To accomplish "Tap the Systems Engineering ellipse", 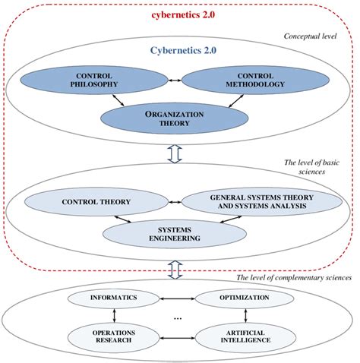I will coord(175,232).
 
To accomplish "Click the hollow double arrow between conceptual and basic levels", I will coord(174,153).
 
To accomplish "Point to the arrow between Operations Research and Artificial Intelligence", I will coord(176,336).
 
